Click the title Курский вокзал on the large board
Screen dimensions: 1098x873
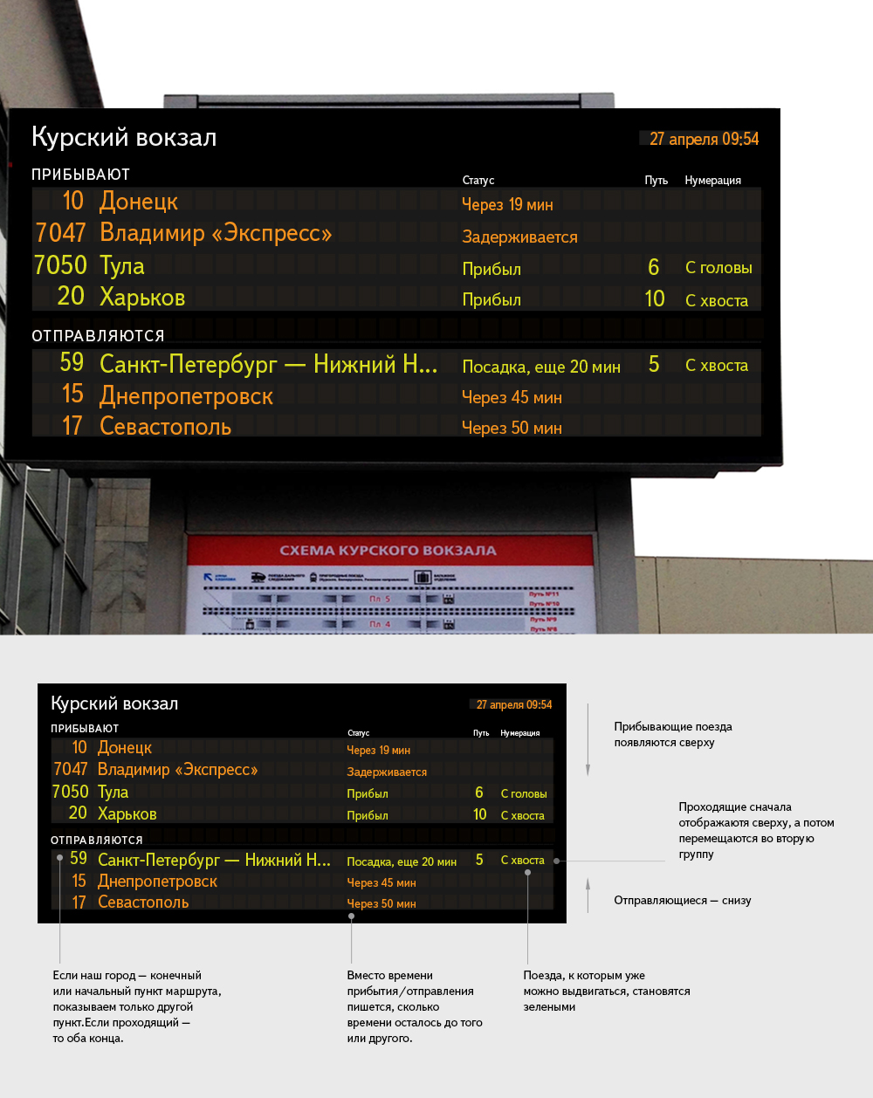pos(124,137)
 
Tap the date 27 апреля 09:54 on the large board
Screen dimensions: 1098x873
pos(704,139)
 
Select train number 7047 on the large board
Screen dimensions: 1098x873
pos(61,233)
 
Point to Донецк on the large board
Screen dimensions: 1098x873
pos(139,202)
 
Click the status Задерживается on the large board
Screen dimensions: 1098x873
pos(519,237)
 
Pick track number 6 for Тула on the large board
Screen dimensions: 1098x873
pos(653,267)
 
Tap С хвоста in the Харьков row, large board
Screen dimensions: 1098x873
pos(717,300)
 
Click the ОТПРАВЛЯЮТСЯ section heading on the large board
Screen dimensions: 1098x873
pos(98,336)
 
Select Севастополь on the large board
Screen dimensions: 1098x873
pos(165,427)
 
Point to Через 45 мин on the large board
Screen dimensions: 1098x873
pos(512,397)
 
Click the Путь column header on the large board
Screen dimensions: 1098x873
pos(656,181)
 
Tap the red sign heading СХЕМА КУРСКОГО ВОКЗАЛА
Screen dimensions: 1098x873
pos(388,551)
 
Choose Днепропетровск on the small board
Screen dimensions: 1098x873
pos(157,882)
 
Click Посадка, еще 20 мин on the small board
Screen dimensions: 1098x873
pos(402,861)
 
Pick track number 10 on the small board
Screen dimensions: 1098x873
pos(479,814)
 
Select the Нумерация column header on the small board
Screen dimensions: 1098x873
pos(519,733)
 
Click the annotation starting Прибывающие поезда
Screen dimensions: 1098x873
pos(672,734)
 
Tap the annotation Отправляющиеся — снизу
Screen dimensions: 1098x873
pos(682,900)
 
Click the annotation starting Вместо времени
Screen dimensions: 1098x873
pos(414,1006)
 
